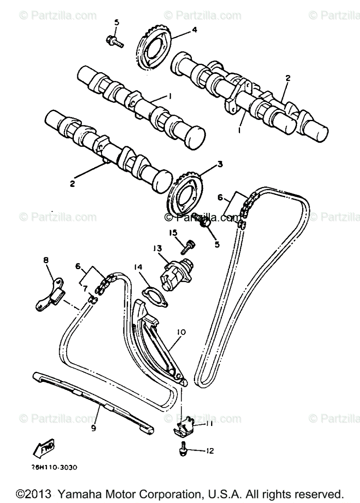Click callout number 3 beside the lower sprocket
[219, 164]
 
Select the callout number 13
[157, 249]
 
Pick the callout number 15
[173, 233]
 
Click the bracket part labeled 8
[49, 295]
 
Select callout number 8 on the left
[46, 260]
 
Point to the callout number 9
[93, 428]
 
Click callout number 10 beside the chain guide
[181, 332]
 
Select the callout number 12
[209, 451]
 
